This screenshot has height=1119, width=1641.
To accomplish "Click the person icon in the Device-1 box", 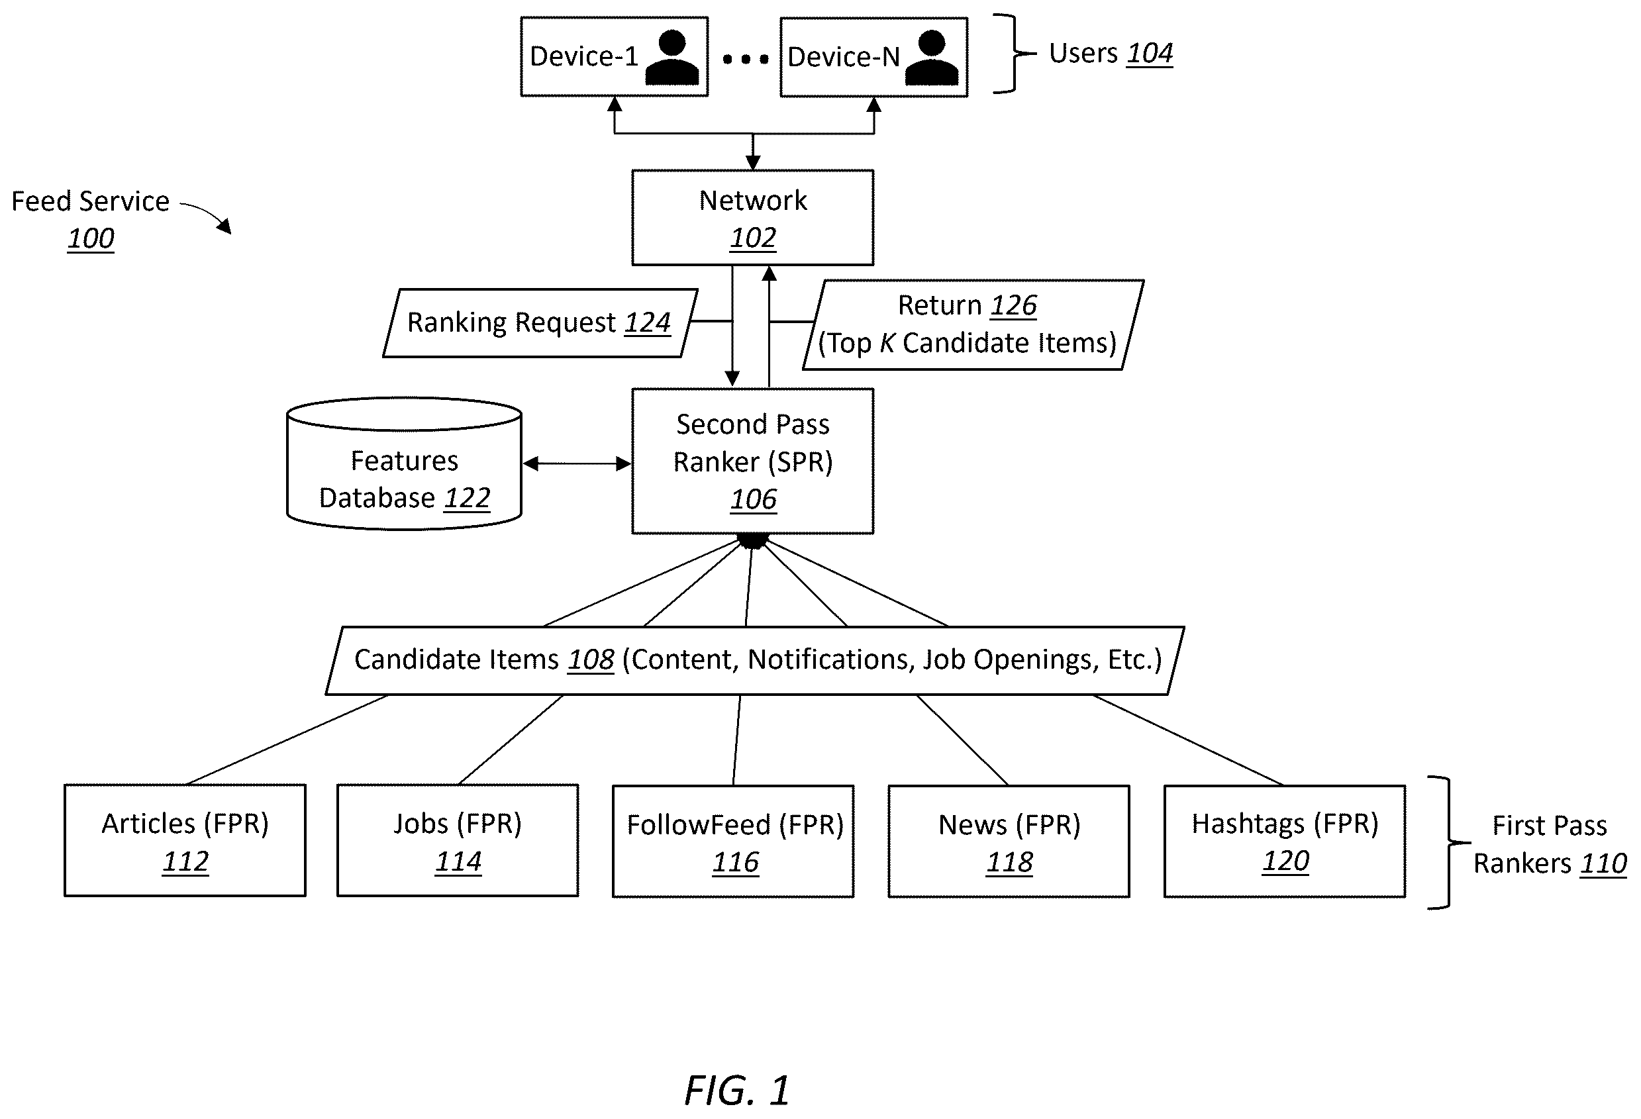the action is (671, 58).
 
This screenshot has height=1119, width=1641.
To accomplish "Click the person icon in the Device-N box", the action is (931, 58).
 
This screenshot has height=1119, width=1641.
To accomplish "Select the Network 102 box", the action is (753, 217).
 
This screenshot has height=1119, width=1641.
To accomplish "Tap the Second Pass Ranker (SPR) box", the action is (753, 461).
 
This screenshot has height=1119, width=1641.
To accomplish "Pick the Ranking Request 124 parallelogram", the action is (540, 323).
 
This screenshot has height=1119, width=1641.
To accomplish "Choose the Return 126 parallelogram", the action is (973, 324).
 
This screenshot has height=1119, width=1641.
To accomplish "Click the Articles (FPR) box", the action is (185, 840).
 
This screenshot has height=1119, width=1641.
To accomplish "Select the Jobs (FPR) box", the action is (458, 840).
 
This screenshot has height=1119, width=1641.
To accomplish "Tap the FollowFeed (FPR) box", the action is (733, 841).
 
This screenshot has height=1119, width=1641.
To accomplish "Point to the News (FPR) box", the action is (1009, 841).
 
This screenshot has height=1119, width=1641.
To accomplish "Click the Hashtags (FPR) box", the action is (1285, 841).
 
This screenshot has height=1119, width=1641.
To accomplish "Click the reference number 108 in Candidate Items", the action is (591, 660).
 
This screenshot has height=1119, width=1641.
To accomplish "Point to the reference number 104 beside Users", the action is (1150, 54).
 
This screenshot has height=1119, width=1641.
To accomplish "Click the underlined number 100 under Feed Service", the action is (90, 238).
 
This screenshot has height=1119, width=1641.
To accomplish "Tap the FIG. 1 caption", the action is (737, 1090).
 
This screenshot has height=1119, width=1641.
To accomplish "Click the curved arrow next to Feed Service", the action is (205, 216).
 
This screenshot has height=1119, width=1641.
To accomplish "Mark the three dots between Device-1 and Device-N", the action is (746, 60).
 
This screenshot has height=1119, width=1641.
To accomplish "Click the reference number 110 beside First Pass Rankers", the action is (1603, 863).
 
